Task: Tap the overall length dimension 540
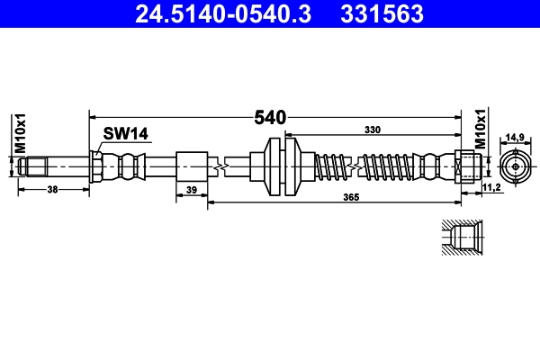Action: pos(269,118)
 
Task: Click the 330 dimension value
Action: pos(371,130)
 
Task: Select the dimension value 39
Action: pos(191,190)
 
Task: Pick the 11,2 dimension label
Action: pos(491,187)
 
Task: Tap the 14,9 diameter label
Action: pos(515,138)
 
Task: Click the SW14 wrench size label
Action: pos(124,134)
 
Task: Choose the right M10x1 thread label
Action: pos(480,129)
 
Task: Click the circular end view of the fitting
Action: pos(514,166)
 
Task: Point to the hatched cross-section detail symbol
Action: pos(462,238)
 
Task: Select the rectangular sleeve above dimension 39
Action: pos(192,166)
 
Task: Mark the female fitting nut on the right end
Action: pos(466,166)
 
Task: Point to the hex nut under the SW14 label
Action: pos(95,166)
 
